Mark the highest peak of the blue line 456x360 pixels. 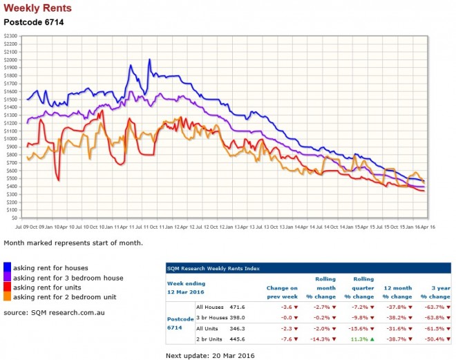(149, 60)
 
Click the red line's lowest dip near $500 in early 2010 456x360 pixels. (59, 180)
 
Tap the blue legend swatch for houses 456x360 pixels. (8, 267)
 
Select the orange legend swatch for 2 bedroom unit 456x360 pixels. (8, 296)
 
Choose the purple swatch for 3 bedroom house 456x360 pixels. (8, 277)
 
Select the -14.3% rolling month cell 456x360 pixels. (323, 339)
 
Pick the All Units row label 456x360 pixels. (209, 328)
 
